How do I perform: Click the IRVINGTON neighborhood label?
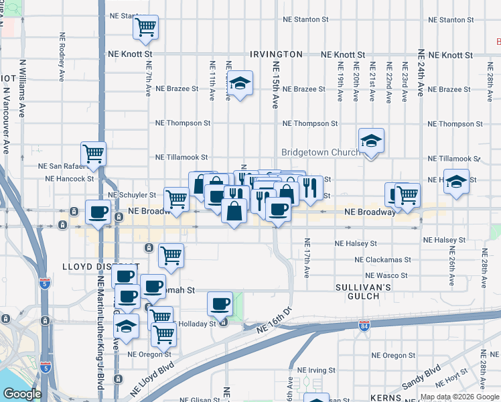click(x=276, y=54)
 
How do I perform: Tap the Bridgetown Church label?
click(x=320, y=153)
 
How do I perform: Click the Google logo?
click(x=22, y=394)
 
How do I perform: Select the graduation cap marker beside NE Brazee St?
click(x=239, y=84)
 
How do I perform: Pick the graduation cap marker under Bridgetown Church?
click(x=370, y=142)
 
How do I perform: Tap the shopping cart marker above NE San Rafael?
click(x=93, y=153)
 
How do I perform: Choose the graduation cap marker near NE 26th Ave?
click(x=456, y=182)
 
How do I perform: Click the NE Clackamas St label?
click(x=382, y=259)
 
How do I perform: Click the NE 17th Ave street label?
click(x=307, y=258)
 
